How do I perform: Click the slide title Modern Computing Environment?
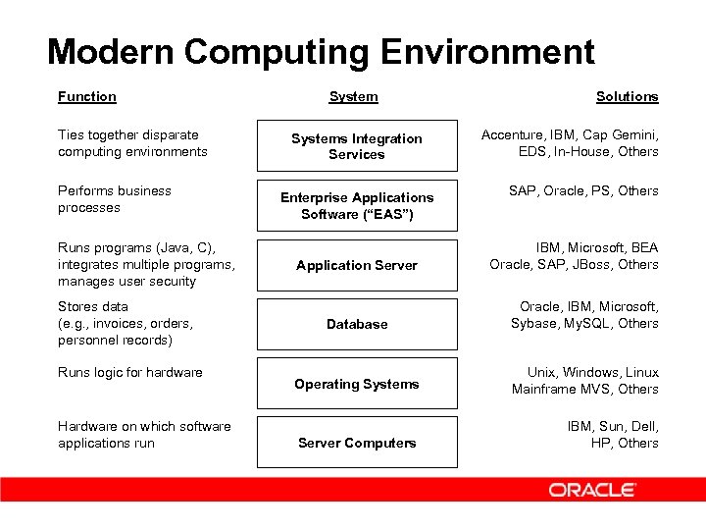click(x=321, y=51)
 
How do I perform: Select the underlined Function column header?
click(x=86, y=96)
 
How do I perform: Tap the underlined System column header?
click(x=353, y=96)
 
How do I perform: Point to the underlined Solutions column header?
click(x=627, y=96)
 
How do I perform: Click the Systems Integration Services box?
click(x=357, y=146)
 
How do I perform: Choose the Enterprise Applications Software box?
click(x=357, y=205)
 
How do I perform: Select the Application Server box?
click(x=357, y=265)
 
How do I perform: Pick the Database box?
click(x=357, y=324)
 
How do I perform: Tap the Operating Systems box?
click(x=357, y=384)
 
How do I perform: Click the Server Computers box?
click(x=357, y=443)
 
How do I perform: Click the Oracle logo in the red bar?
click(x=592, y=490)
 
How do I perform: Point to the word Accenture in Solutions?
click(x=512, y=134)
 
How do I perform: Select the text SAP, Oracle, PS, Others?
click(x=583, y=190)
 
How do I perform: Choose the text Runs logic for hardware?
click(x=130, y=372)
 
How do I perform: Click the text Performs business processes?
click(x=114, y=199)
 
